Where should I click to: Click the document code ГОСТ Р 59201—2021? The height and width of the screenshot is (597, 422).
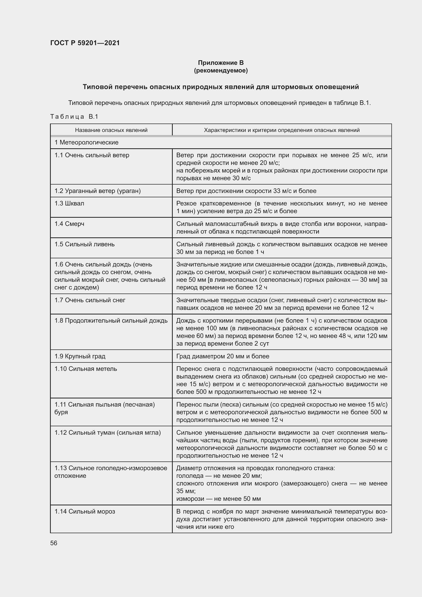(x=85, y=43)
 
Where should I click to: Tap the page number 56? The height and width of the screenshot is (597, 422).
(x=54, y=543)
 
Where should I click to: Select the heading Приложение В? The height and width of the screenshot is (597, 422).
(x=221, y=63)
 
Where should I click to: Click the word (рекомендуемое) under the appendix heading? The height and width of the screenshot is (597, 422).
(x=221, y=70)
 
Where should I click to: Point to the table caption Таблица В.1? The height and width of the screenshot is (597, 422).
(x=74, y=116)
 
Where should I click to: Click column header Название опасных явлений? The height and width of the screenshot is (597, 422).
(x=111, y=130)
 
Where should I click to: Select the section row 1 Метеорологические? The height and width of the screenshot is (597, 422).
(x=86, y=142)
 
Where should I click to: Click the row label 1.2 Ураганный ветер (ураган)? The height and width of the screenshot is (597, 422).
(x=97, y=191)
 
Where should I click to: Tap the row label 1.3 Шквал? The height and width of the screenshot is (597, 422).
(x=69, y=203)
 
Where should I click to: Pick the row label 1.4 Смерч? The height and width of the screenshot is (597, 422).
(x=69, y=224)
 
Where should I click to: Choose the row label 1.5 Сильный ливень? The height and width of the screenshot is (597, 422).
(x=84, y=244)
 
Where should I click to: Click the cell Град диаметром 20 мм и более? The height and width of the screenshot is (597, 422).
(x=223, y=356)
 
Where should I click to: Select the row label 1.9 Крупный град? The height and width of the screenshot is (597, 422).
(x=80, y=356)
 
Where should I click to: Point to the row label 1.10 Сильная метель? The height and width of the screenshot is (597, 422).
(x=86, y=369)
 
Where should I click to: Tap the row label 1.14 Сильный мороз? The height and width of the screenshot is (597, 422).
(x=85, y=511)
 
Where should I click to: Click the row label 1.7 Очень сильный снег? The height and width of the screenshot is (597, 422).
(x=90, y=300)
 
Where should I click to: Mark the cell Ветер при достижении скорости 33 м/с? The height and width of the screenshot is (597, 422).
(x=246, y=191)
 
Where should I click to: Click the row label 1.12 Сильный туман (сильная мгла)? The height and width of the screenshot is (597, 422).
(x=108, y=432)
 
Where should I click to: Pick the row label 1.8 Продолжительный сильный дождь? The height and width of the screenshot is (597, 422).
(x=111, y=321)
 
